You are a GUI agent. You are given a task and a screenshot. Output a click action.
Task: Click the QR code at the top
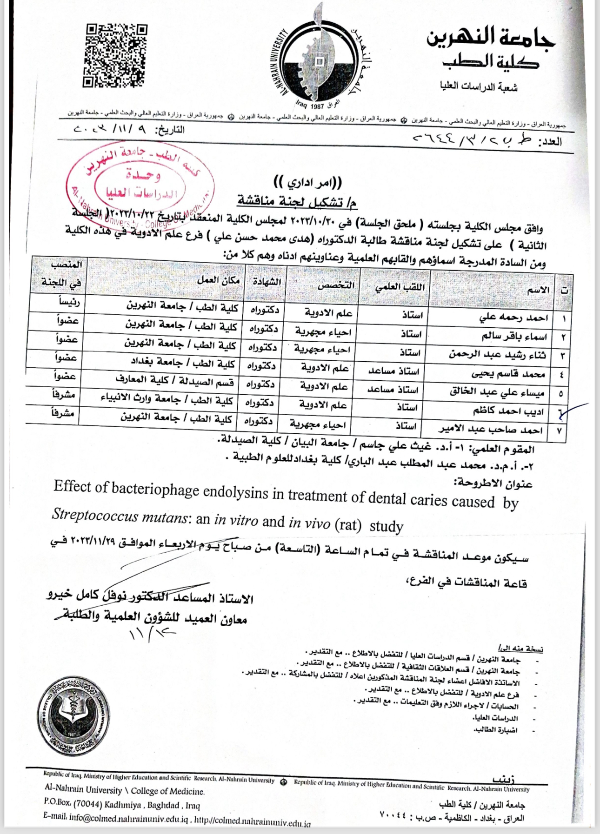point(115,55)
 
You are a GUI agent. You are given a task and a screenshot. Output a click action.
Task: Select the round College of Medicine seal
point(73,715)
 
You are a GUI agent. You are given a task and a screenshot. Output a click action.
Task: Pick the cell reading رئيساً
point(69,302)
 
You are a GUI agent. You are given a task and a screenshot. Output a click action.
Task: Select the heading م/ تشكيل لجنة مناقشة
point(297,201)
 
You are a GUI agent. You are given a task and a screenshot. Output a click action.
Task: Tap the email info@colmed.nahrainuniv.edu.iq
point(128,818)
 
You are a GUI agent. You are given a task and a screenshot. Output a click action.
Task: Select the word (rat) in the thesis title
point(347,524)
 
